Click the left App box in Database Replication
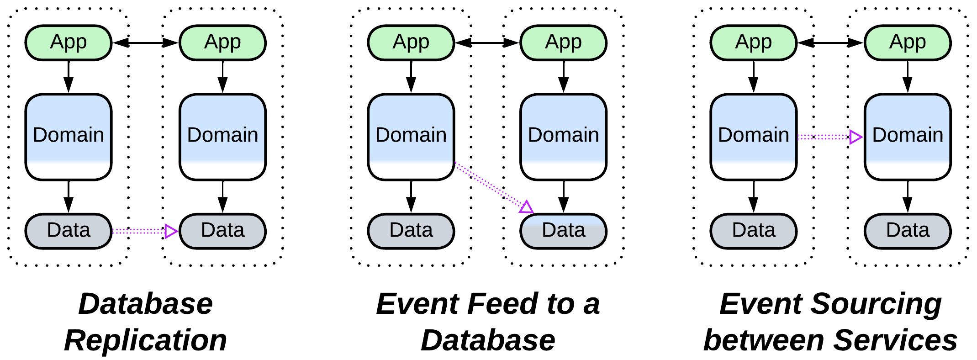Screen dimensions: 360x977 (69, 42)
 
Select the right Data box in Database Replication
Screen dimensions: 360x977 (222, 231)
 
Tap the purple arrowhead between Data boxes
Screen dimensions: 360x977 (171, 231)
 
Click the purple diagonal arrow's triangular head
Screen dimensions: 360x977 (526, 207)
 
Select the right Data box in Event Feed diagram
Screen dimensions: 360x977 (563, 231)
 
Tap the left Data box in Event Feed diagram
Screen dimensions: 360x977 (411, 231)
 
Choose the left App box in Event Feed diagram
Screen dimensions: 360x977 (411, 42)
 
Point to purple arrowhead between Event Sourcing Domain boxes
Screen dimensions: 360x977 (856, 137)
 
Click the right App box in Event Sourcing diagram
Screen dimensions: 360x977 (908, 42)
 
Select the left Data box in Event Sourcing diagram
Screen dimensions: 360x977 (753, 231)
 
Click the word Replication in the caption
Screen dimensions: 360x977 (145, 340)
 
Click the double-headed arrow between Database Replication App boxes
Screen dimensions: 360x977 (145, 42)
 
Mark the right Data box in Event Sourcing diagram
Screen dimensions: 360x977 (908, 231)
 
